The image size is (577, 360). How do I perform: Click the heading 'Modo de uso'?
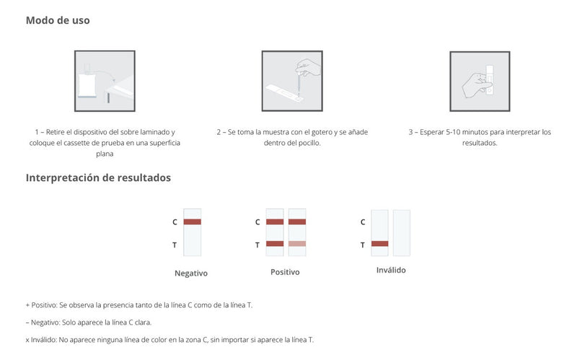(x=58, y=20)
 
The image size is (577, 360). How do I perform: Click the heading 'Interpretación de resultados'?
(x=98, y=177)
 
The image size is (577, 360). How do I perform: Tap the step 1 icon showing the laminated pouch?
(x=105, y=81)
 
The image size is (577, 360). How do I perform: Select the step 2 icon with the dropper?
(x=291, y=81)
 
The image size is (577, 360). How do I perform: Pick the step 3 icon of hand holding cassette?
(x=480, y=81)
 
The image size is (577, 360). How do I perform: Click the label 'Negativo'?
(x=191, y=273)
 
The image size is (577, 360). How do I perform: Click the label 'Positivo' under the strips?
(x=285, y=272)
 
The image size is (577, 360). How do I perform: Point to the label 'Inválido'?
(x=391, y=270)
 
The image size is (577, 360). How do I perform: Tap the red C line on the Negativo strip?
(x=192, y=221)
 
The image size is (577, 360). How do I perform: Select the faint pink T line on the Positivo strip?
(x=297, y=244)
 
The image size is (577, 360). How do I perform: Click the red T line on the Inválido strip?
(x=379, y=244)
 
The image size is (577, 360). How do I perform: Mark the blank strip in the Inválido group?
(x=402, y=232)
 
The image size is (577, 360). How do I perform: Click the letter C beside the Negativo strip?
(x=175, y=222)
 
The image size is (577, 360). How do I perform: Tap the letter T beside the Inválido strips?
(x=362, y=245)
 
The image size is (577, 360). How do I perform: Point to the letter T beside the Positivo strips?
(x=257, y=245)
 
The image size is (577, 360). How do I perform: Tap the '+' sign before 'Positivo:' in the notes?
(x=27, y=305)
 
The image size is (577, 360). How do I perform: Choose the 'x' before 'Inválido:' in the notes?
(x=27, y=339)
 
